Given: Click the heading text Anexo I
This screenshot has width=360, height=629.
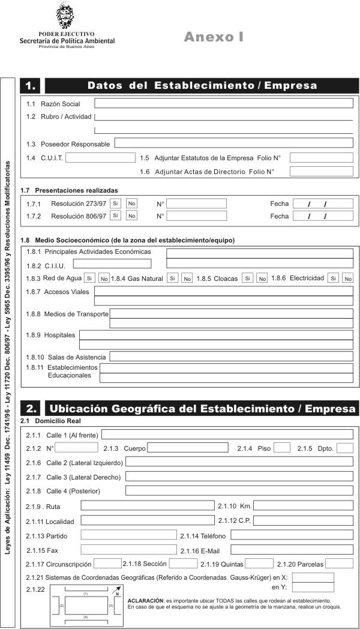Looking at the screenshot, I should (214, 37).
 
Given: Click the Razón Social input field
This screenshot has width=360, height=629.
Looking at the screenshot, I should (223, 104).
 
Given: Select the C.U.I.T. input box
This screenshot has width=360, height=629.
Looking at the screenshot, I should (100, 158).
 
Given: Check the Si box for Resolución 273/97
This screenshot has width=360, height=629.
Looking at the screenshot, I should (116, 203).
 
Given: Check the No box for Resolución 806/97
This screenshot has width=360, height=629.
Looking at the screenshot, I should (131, 215).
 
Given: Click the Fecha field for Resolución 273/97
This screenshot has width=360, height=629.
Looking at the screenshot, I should (323, 203).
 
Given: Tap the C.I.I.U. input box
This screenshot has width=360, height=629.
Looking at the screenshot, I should (112, 263).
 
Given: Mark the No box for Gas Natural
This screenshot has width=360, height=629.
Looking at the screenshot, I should (187, 278).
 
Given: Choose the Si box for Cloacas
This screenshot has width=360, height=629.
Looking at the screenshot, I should (247, 278).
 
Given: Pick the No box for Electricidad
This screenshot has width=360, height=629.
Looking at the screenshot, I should (347, 278).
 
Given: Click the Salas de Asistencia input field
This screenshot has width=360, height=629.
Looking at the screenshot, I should (231, 357).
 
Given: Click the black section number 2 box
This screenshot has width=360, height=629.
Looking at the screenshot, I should (31, 409).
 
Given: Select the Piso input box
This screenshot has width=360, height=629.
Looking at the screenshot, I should (282, 448).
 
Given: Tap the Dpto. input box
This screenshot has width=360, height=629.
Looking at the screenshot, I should (344, 448).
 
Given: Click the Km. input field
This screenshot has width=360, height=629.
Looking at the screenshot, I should (303, 505).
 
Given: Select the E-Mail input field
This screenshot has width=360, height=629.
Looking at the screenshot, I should (292, 549).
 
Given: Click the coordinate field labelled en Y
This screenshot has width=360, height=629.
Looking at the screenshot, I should (313, 587).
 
